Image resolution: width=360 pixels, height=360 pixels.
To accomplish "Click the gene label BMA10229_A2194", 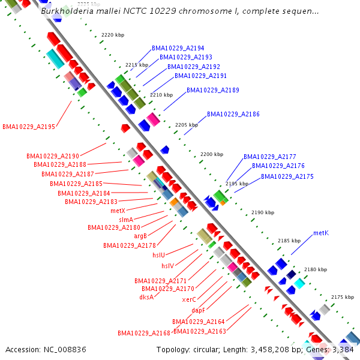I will click(178, 48).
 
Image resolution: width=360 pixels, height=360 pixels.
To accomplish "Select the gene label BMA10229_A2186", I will click(233, 114).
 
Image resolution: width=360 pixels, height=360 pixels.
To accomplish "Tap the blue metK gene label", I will click(320, 233).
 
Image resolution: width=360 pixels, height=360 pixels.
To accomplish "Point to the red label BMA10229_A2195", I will click(29, 127).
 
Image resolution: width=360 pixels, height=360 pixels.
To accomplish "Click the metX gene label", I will click(118, 211).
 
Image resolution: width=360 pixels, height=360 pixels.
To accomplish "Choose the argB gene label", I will click(140, 236).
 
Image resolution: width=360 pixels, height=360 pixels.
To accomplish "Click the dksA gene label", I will click(146, 297).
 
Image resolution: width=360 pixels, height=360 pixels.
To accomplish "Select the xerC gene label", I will click(189, 299).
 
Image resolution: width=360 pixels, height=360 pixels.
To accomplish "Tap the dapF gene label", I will click(198, 310).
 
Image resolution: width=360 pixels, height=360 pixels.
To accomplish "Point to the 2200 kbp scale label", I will click(211, 154).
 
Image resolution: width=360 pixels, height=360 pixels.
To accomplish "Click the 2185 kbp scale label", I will click(289, 241).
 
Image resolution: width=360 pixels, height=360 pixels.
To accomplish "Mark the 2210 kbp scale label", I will click(161, 95).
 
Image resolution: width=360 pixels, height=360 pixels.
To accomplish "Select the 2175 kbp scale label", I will click(343, 297).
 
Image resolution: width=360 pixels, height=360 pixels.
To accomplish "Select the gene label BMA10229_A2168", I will click(144, 333).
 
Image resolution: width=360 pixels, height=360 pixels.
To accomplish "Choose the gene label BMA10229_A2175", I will click(287, 177).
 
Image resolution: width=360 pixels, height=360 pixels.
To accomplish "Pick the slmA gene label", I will click(126, 220).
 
